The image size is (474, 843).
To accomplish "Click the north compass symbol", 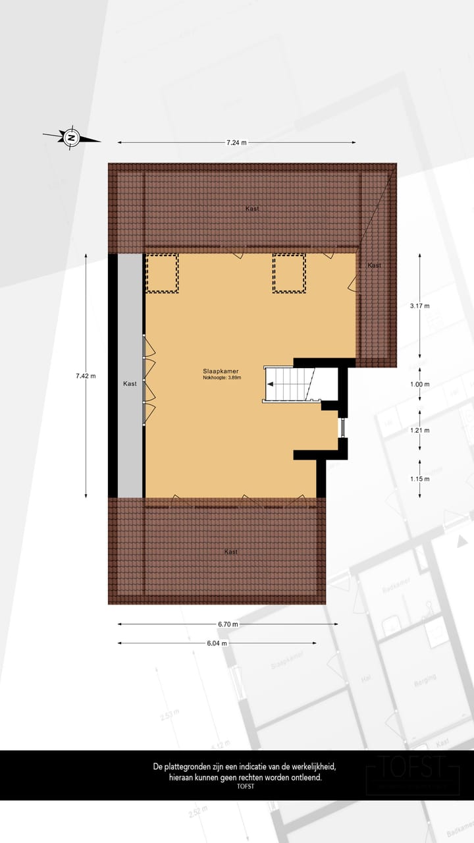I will click(x=71, y=138).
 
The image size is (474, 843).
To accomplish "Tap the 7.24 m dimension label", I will click(x=236, y=142).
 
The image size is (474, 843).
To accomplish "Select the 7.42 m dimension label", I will click(x=85, y=376).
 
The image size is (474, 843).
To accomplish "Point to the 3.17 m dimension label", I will click(x=419, y=306).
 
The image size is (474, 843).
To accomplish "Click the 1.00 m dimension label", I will click(x=419, y=385).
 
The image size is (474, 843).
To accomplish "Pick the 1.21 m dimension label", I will click(x=419, y=430).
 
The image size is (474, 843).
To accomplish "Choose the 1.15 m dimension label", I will click(x=419, y=479).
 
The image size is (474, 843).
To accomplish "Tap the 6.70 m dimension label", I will click(x=227, y=624).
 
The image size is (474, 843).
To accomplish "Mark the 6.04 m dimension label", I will click(x=216, y=643).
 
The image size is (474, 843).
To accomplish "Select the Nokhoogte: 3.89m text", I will click(x=223, y=378).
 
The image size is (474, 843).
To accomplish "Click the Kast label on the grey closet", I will click(x=130, y=383).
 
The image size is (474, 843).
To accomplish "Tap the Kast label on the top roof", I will click(x=252, y=208).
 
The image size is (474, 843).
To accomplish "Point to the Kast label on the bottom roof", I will click(x=230, y=552).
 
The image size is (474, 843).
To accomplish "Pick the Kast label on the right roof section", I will click(x=374, y=265).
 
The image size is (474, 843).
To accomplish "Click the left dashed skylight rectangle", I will click(x=162, y=273).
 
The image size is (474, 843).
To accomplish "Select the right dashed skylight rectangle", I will click(x=289, y=273).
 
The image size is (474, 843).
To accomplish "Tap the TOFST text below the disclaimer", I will click(x=245, y=786).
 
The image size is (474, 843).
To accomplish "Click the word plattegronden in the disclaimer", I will click(x=189, y=767).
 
